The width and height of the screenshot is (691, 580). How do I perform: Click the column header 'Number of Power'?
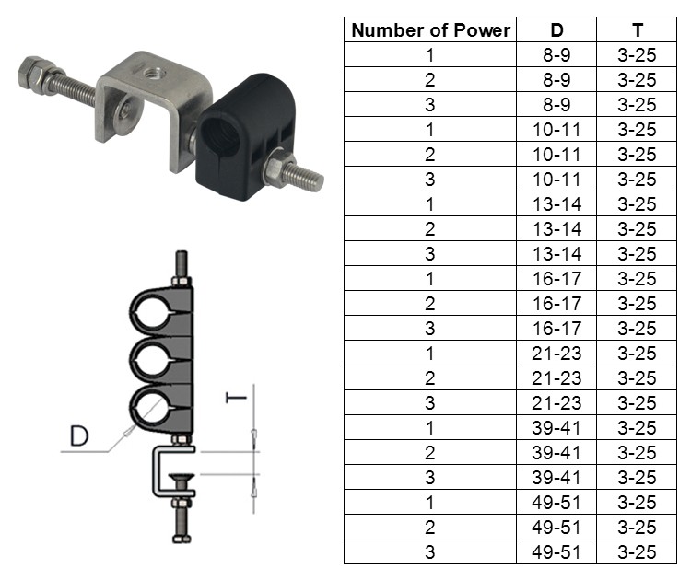430,30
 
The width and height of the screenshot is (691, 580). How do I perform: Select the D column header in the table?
556,30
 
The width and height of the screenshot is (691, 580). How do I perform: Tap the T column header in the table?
637,30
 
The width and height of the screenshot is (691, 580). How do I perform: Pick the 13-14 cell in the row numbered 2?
556,229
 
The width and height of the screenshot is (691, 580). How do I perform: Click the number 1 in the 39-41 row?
430,428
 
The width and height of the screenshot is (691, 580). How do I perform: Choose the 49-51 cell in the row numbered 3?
556,552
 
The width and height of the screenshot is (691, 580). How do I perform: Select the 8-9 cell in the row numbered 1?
556,55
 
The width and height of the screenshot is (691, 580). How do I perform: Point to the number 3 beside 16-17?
430,329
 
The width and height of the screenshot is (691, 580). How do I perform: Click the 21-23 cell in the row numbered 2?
556,378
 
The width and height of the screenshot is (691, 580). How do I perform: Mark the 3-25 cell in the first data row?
637,55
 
